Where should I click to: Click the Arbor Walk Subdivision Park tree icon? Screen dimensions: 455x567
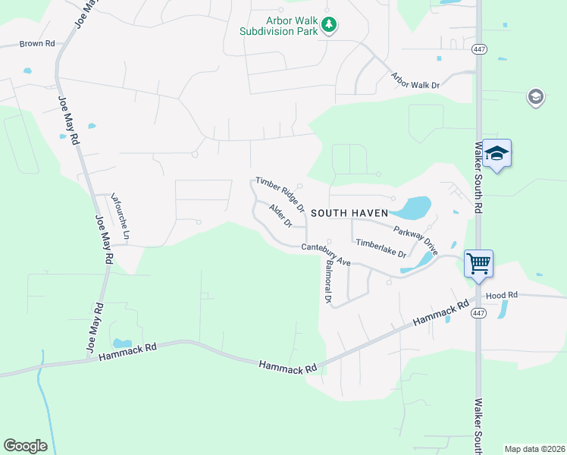pyautogui.click(x=329, y=25)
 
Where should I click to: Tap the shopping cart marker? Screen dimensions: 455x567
pyautogui.click(x=478, y=264)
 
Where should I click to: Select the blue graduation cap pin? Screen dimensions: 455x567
pyautogui.click(x=497, y=153)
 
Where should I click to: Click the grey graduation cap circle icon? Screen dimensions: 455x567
pyautogui.click(x=536, y=97)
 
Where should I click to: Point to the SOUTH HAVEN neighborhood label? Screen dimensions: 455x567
pyautogui.click(x=349, y=214)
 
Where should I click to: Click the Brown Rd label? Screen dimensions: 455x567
pyautogui.click(x=37, y=44)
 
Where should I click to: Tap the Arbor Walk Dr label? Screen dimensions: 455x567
pyautogui.click(x=415, y=80)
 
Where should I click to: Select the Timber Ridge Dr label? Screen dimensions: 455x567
pyautogui.click(x=280, y=194)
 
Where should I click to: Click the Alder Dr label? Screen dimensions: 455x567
pyautogui.click(x=280, y=215)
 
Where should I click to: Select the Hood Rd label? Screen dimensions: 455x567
pyautogui.click(x=501, y=294)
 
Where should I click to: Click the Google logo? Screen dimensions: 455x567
pyautogui.click(x=25, y=446)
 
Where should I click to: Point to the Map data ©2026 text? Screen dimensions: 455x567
pyautogui.click(x=534, y=449)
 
